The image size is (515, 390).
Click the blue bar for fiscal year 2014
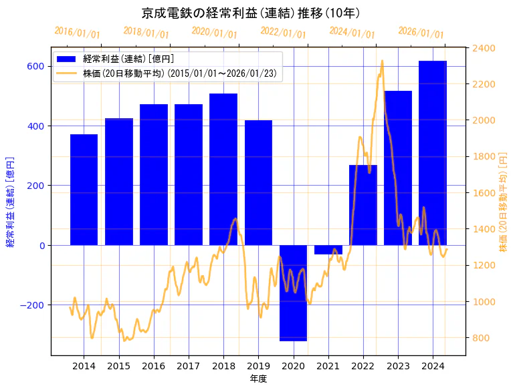coord(84,190)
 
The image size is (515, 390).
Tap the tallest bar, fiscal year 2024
coord(433,153)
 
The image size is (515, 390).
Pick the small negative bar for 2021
coord(328,250)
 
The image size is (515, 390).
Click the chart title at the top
coord(251,13)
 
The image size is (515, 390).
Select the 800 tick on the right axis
coord(481,338)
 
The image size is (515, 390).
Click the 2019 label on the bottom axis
coord(258,366)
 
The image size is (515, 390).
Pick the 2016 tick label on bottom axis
coord(154,366)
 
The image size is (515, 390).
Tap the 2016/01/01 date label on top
coord(77,33)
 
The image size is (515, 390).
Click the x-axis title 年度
coord(258,379)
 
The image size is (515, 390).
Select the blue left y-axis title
coord(10,202)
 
